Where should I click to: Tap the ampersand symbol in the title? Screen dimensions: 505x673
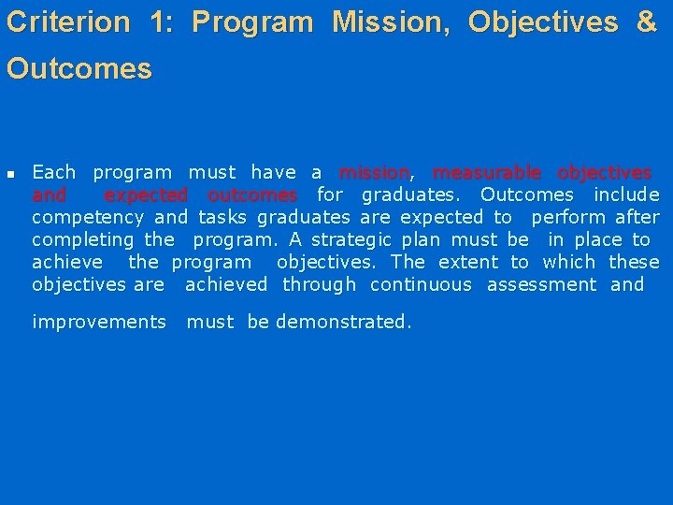(646, 22)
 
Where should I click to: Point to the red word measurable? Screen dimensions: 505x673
(486, 173)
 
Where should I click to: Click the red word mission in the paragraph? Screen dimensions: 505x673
(374, 173)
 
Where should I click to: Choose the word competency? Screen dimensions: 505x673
(88, 218)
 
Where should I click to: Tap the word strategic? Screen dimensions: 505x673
(354, 240)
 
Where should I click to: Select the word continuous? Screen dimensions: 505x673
(421, 285)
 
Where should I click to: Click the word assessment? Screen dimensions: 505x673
(541, 285)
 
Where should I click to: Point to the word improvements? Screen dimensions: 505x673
(98, 323)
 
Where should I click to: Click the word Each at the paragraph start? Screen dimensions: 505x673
(53, 173)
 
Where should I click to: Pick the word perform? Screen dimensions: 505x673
(568, 218)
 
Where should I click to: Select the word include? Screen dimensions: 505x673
(626, 195)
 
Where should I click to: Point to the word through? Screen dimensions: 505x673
(319, 285)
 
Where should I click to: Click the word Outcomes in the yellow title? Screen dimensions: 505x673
(79, 69)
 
